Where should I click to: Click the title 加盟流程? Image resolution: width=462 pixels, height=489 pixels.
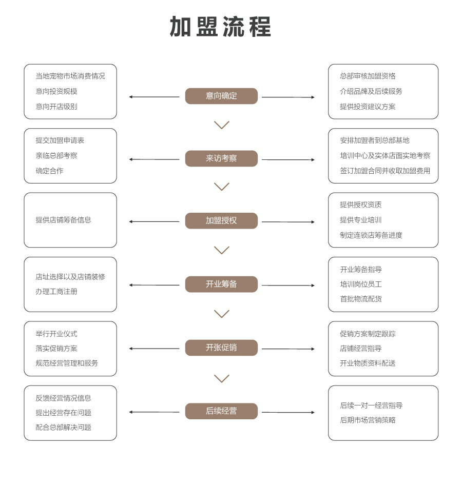[x=220, y=27]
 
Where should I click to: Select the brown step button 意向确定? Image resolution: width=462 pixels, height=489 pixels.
[x=221, y=96]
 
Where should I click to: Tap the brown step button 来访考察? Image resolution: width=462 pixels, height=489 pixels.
[x=221, y=158]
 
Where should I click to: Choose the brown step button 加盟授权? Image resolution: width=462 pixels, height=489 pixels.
[x=221, y=221]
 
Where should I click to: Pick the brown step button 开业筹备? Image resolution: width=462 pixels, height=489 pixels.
[x=221, y=284]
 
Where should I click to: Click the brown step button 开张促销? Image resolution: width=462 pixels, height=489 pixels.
[x=221, y=348]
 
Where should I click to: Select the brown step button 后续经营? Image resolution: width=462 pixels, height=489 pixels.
[x=221, y=411]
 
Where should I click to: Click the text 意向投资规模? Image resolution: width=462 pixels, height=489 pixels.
[x=56, y=91]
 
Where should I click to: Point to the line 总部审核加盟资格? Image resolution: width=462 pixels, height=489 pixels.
[x=368, y=76]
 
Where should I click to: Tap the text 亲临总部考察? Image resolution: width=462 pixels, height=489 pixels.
[x=56, y=156]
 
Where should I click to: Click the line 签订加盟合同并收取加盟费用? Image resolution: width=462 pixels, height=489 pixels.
[x=385, y=171]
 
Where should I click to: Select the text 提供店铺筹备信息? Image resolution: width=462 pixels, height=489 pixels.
[x=64, y=220]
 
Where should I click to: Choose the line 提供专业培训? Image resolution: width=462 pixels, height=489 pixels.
[x=361, y=220]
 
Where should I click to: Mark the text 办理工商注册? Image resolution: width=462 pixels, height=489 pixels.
[x=56, y=292]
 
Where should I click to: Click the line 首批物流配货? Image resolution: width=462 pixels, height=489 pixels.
[x=361, y=299]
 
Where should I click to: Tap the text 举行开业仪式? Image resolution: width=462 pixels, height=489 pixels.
[x=56, y=334]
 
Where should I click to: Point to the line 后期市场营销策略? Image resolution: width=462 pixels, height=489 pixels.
[x=368, y=420]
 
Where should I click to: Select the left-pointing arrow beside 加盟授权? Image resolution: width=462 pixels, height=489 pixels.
[x=155, y=222]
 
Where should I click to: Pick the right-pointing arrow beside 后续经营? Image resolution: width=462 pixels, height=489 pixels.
[x=288, y=412]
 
